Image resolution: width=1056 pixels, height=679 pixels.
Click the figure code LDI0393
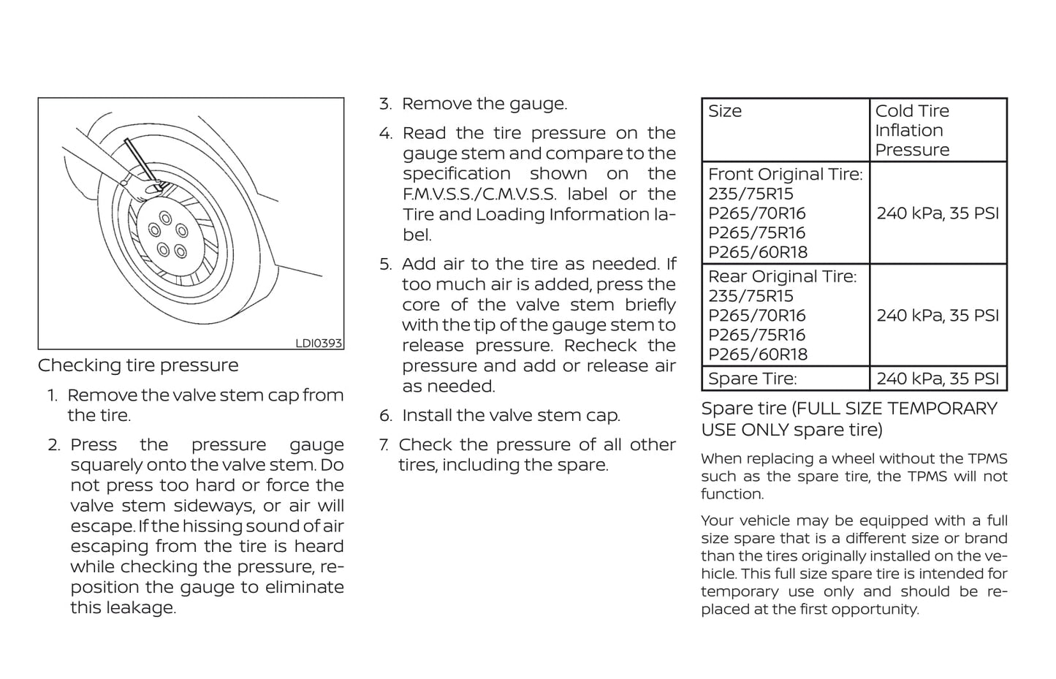318,343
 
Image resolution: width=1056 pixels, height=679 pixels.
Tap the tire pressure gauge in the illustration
142,160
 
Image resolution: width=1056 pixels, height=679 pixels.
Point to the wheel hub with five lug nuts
167,235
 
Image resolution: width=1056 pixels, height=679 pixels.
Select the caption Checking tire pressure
138,365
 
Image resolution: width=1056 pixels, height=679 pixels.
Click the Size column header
725,111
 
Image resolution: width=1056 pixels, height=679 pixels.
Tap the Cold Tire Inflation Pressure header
913,130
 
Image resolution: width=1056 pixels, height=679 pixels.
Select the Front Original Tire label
785,175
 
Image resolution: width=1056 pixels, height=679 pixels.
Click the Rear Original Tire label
782,277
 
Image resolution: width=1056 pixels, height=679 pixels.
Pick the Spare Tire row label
752,379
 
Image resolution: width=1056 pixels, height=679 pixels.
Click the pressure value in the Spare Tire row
938,379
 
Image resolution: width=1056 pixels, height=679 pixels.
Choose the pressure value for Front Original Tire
938,213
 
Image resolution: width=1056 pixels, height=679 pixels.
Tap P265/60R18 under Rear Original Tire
758,354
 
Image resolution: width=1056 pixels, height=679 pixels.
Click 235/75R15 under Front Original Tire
751,194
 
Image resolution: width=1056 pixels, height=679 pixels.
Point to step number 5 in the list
385,265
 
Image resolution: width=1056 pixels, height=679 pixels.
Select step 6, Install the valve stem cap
510,416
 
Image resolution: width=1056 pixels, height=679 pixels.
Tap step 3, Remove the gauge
484,104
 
